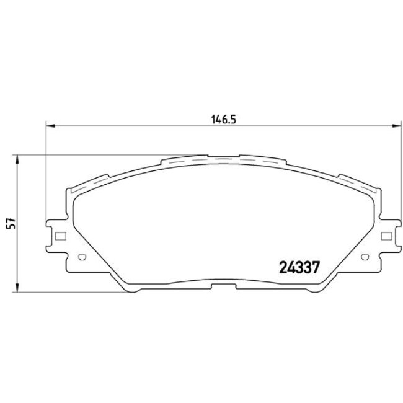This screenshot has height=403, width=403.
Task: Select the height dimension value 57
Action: pyautogui.click(x=9, y=224)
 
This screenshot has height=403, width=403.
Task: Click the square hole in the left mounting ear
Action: pyautogui.click(x=60, y=236)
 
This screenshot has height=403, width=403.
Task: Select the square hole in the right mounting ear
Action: pyautogui.click(x=386, y=236)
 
